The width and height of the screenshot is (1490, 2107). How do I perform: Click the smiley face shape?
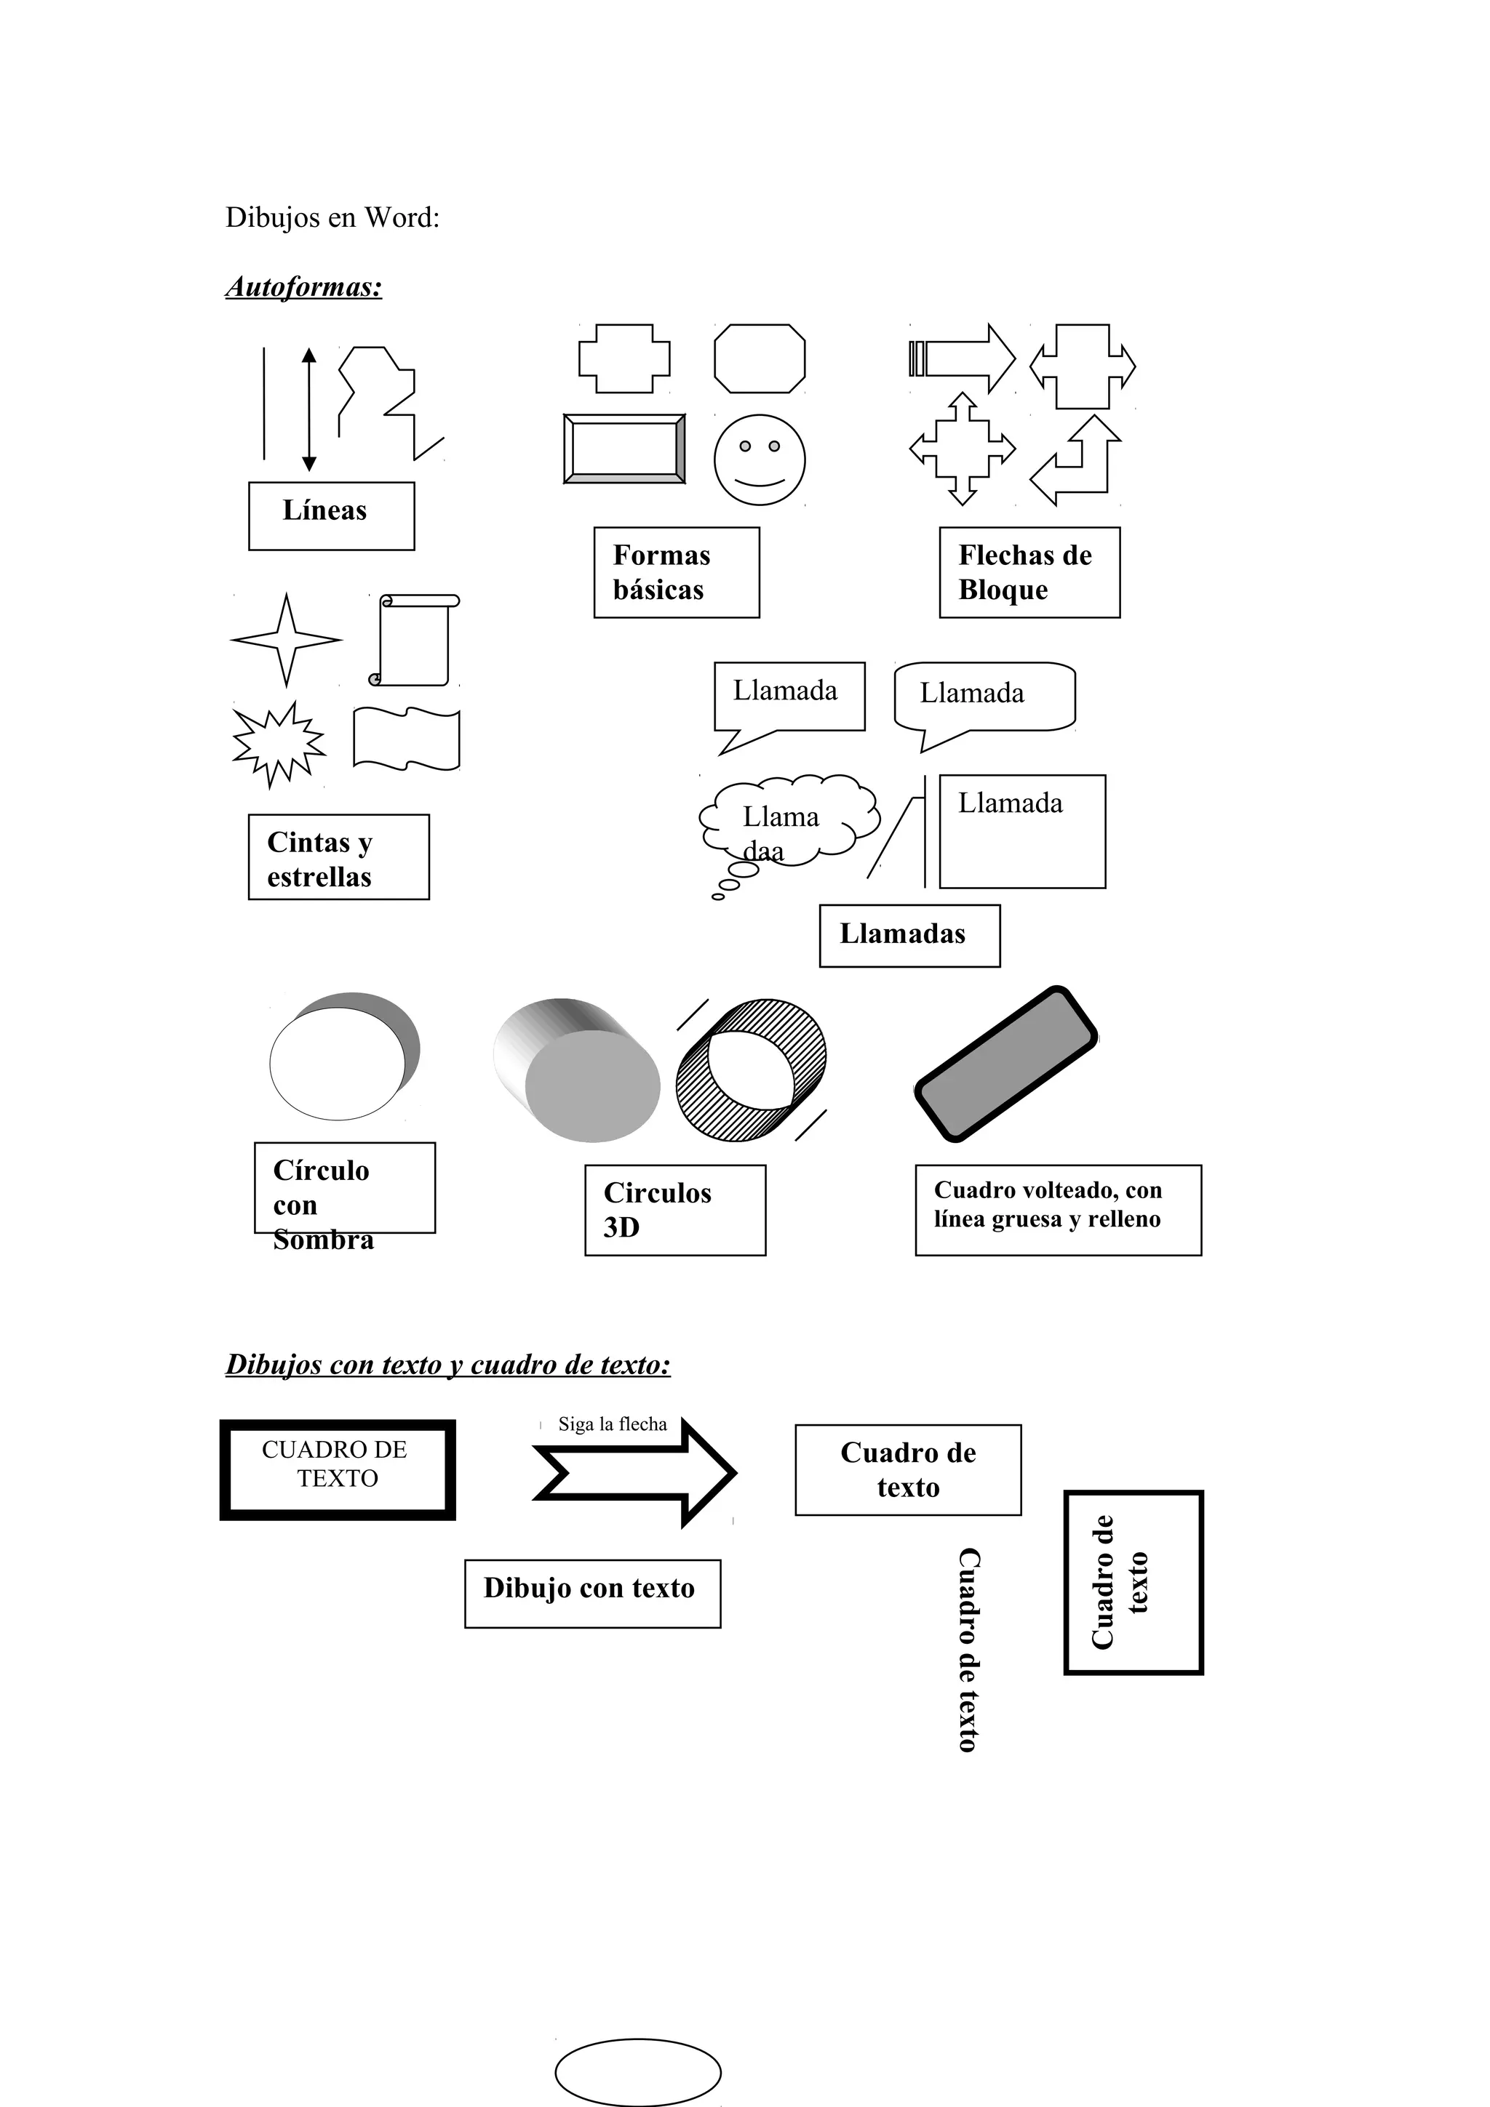[x=760, y=459]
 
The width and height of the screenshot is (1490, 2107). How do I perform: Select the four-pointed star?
[x=287, y=640]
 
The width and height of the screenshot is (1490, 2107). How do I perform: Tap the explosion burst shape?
[x=278, y=743]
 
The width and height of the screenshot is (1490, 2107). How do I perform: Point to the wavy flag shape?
[x=407, y=738]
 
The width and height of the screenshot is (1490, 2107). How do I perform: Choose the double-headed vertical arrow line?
[x=309, y=409]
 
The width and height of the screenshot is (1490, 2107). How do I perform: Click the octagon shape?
[x=760, y=358]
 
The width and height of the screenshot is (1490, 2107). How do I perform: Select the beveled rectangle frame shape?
[x=624, y=449]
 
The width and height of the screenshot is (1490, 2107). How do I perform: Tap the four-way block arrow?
[x=962, y=449]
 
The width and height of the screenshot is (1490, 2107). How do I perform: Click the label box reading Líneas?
[x=332, y=515]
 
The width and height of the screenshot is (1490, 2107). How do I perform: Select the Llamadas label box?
[x=909, y=935]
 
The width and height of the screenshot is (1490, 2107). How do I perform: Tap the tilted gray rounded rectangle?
[x=1006, y=1064]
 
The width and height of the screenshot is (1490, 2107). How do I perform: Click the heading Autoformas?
[x=304, y=287]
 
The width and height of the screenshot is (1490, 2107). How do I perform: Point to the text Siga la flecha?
[x=613, y=1424]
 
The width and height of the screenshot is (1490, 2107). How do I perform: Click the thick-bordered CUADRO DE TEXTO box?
[x=337, y=1469]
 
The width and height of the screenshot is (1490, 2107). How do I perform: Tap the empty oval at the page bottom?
[x=638, y=2071]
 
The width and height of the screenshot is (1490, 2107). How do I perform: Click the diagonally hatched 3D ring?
[x=751, y=1070]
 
